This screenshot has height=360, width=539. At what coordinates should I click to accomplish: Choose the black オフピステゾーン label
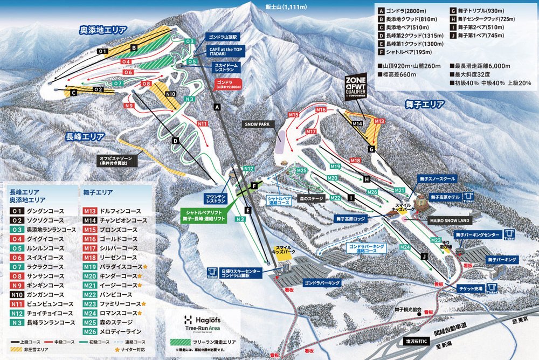click(x=119, y=159)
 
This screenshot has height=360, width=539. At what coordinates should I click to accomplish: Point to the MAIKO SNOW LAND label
click(x=448, y=220)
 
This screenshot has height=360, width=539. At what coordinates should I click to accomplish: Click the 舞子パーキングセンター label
click(x=477, y=235)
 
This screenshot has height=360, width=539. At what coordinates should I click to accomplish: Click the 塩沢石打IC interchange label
click(x=418, y=341)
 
